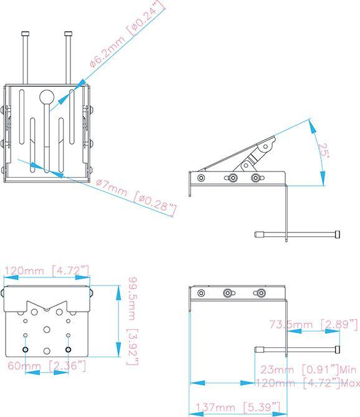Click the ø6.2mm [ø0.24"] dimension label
128,35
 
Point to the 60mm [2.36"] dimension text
47,365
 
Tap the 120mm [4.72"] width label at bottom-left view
47,271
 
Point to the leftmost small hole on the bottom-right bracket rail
200,292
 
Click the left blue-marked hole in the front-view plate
26,348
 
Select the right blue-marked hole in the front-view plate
68,348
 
